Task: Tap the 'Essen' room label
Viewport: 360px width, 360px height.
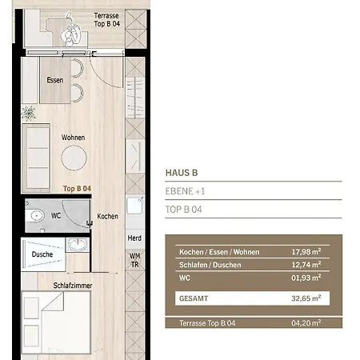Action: coord(55,80)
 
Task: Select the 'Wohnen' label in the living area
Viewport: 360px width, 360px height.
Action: coord(73,137)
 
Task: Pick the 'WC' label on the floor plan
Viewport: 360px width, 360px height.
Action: coord(55,214)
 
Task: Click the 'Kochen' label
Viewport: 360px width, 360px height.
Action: coord(107,217)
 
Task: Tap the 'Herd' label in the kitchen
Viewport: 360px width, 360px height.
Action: coord(134,238)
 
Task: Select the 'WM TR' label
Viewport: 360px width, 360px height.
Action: coord(134,261)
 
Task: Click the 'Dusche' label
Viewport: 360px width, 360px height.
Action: coord(42,254)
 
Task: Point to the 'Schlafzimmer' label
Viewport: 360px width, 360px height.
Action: coord(70,284)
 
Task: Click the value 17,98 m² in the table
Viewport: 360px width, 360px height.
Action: coord(307,251)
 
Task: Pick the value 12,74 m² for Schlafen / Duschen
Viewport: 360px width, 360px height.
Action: coord(307,264)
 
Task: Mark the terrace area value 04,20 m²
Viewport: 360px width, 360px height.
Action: coord(307,323)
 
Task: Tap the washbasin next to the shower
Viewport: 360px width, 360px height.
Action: coord(78,244)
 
